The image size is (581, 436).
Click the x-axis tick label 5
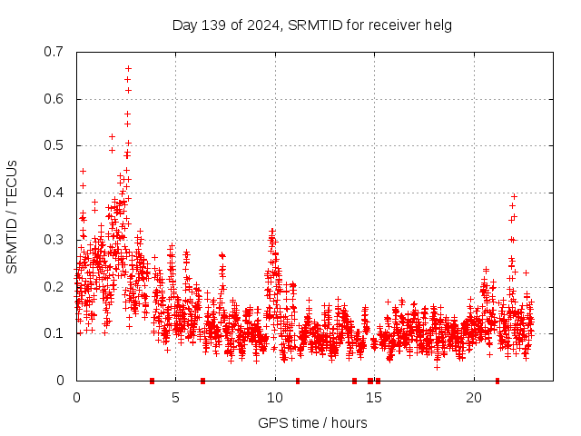[176, 397]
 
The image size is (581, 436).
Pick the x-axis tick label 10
[275, 397]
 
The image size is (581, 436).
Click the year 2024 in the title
[262, 25]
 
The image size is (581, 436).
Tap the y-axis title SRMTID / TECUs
[13, 216]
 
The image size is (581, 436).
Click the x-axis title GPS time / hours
[312, 422]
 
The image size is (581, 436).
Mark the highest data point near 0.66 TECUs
[128, 68]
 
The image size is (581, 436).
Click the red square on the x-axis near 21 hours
[497, 381]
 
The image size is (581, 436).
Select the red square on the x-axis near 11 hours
[298, 381]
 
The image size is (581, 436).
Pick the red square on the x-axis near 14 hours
[354, 381]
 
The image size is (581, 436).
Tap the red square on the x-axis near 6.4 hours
[202, 381]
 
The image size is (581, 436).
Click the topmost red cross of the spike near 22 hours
[514, 196]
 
